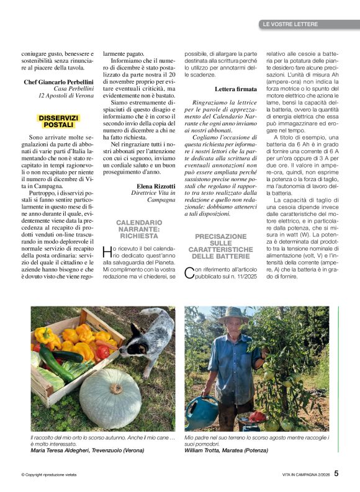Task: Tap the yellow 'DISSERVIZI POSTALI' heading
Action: pyautogui.click(x=58, y=121)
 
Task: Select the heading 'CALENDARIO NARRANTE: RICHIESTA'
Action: pyautogui.click(x=139, y=229)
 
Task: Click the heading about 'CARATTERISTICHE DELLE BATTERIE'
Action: pyautogui.click(x=220, y=246)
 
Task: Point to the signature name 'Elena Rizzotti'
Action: pyautogui.click(x=156, y=185)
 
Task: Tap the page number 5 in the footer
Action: pyautogui.click(x=336, y=473)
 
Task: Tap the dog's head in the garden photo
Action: pyautogui.click(x=150, y=333)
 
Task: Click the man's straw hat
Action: pyautogui.click(x=232, y=313)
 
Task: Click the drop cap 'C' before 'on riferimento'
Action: pyautogui.click(x=190, y=272)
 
